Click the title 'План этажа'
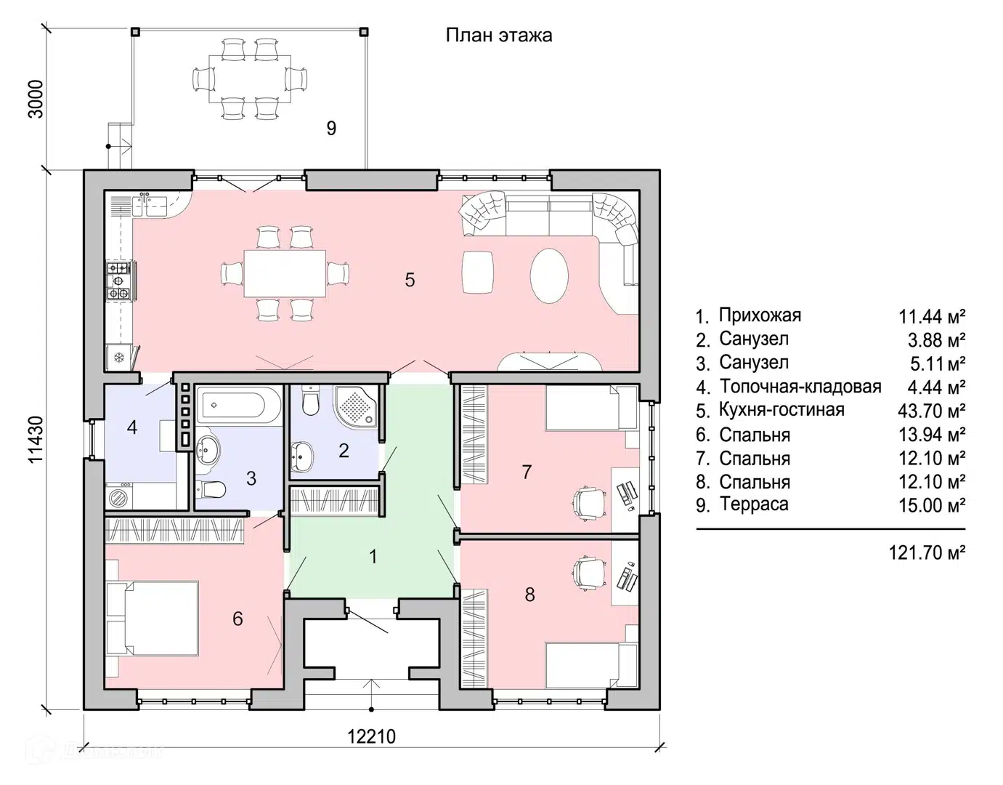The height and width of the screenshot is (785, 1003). click(498, 36)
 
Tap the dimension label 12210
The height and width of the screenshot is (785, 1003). click(371, 736)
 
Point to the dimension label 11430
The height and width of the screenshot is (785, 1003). click(36, 440)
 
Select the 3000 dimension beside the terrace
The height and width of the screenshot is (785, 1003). click(36, 100)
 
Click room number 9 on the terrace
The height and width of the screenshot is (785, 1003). click(331, 128)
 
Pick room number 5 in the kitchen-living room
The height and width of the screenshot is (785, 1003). click(410, 280)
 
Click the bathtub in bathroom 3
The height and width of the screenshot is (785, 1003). click(238, 405)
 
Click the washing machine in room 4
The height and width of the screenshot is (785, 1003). click(119, 497)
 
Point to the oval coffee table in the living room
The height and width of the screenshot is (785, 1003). click(549, 275)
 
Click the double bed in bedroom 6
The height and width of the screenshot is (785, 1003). click(153, 618)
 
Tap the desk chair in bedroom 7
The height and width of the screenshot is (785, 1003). click(588, 503)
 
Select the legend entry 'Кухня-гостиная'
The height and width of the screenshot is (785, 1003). click(782, 410)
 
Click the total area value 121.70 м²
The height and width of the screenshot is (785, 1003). click(927, 552)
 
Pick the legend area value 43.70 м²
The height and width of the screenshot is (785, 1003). click(931, 410)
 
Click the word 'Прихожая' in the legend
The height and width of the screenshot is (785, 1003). click(760, 315)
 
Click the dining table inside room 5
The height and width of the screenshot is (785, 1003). click(285, 273)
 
